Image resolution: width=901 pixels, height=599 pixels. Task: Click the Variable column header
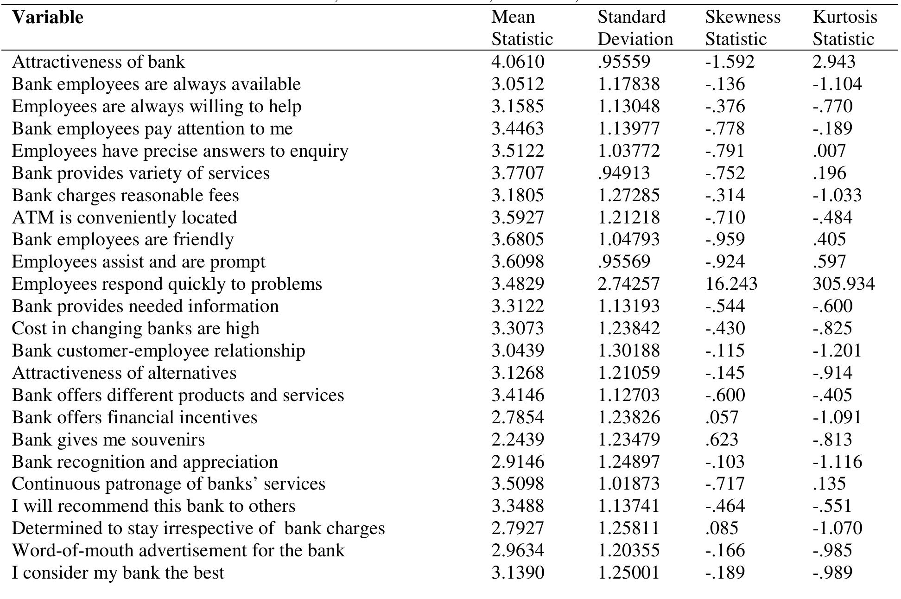tap(48, 18)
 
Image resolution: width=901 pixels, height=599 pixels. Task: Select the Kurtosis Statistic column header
tap(844, 28)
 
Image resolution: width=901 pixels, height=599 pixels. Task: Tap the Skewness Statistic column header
tap(742, 28)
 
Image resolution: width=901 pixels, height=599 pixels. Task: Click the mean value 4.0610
tap(517, 62)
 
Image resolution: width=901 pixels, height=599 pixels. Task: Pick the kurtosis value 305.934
tap(844, 284)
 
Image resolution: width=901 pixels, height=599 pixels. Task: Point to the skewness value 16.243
tap(731, 284)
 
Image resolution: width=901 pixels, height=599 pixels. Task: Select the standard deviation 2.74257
tap(628, 284)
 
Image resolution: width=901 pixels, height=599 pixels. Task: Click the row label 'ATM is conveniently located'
tap(124, 217)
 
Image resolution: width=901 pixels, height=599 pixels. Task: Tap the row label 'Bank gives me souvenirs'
tap(108, 440)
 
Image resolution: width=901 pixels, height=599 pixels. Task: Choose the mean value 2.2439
tap(517, 440)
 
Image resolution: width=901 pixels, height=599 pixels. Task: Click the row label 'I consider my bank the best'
tap(118, 573)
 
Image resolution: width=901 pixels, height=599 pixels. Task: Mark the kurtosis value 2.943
tap(834, 62)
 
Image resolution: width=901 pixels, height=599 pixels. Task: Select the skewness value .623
tap(722, 440)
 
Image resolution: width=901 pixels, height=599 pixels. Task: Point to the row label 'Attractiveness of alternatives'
tap(124, 373)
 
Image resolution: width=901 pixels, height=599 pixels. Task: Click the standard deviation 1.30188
tap(628, 350)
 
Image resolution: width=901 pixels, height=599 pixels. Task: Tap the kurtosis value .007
tap(829, 151)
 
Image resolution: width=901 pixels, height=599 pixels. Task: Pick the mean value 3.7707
tap(517, 173)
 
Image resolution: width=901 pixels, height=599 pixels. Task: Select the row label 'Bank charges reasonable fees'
tap(125, 195)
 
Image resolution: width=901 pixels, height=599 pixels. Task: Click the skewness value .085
tap(722, 528)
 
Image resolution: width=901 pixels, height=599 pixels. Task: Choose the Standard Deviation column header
tap(635, 28)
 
